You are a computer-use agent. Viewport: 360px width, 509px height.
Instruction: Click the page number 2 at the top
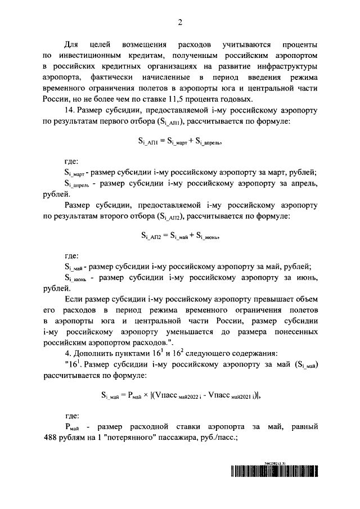click(x=180, y=22)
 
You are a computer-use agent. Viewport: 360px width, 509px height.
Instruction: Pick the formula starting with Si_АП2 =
click(x=180, y=236)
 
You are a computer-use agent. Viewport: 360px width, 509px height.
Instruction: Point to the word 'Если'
click(x=74, y=300)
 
